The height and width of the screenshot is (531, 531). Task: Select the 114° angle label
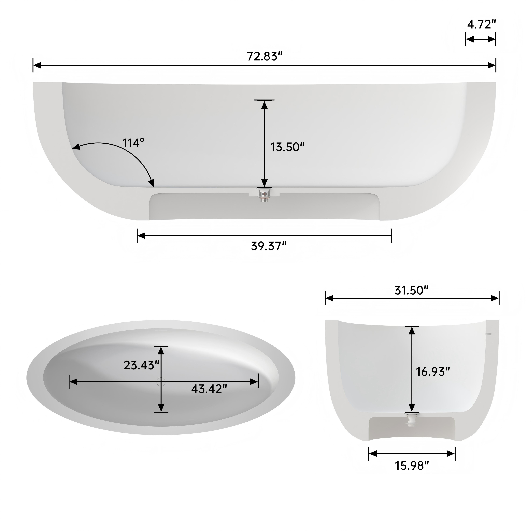[x=133, y=143]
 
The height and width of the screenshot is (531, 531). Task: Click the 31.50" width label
[x=411, y=291]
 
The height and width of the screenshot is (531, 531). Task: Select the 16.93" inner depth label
[x=433, y=372]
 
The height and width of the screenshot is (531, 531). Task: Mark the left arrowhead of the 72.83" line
[x=37, y=65]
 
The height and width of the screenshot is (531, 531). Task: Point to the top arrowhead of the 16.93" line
[x=411, y=331]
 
